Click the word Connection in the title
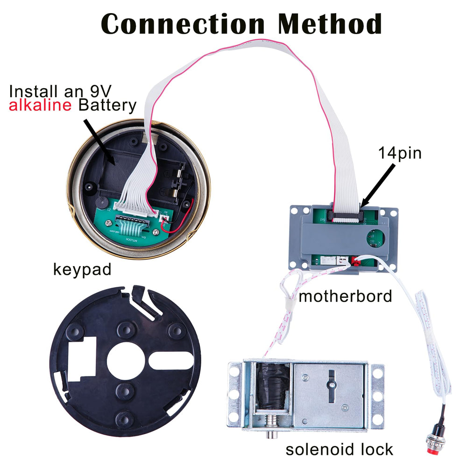[183, 23]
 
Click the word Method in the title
[330, 23]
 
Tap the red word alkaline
[40, 105]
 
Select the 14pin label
[400, 154]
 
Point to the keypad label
[82, 270]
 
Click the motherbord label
[345, 297]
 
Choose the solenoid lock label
[339, 449]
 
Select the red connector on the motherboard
[355, 261]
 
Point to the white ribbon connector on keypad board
[135, 208]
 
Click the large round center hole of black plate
[126, 361]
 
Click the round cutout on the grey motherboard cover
[375, 238]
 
